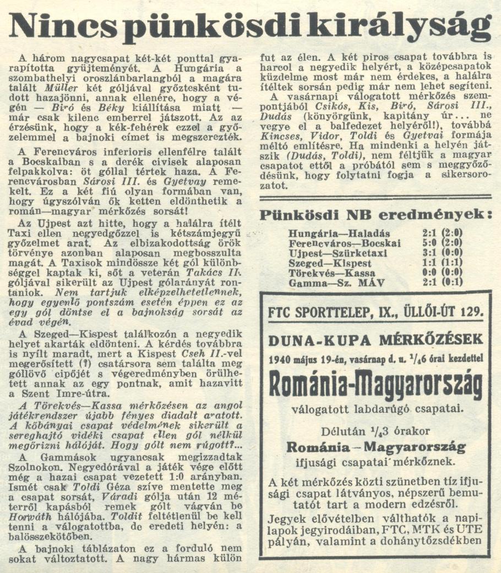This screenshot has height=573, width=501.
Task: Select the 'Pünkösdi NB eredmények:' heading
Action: [x=376, y=215]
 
